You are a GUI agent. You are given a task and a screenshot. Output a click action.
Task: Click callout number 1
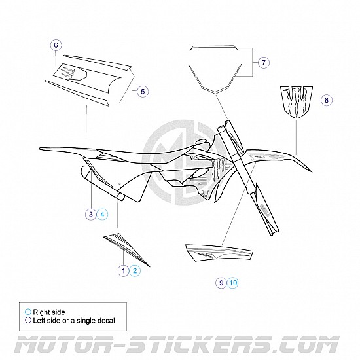tap(124, 271)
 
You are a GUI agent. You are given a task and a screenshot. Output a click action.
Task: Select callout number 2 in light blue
tap(135, 271)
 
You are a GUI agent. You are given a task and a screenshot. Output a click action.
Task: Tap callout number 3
tap(91, 215)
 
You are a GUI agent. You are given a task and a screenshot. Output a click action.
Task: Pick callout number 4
tap(102, 215)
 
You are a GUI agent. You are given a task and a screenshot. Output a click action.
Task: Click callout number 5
tap(143, 92)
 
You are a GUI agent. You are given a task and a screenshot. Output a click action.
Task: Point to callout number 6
tap(56, 45)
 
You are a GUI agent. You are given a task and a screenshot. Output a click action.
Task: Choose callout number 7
tap(264, 62)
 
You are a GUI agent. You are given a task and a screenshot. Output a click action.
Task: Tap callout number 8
tap(327, 100)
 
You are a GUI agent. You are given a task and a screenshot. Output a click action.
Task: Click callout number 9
tap(221, 283)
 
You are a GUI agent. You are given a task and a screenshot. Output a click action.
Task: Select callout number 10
tap(233, 283)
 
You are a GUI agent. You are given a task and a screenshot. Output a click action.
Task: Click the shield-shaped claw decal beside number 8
tap(296, 102)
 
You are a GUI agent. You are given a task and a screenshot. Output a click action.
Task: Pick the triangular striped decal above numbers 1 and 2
tap(126, 249)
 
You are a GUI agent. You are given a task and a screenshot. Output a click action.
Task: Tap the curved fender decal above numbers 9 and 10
tap(219, 253)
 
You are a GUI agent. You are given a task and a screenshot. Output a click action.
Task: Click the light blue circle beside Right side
tap(28, 312)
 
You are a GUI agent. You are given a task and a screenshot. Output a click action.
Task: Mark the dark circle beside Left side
tap(28, 320)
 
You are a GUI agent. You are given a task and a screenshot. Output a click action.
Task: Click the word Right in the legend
tap(41, 312)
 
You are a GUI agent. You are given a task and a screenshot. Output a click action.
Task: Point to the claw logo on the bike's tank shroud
tap(217, 168)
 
